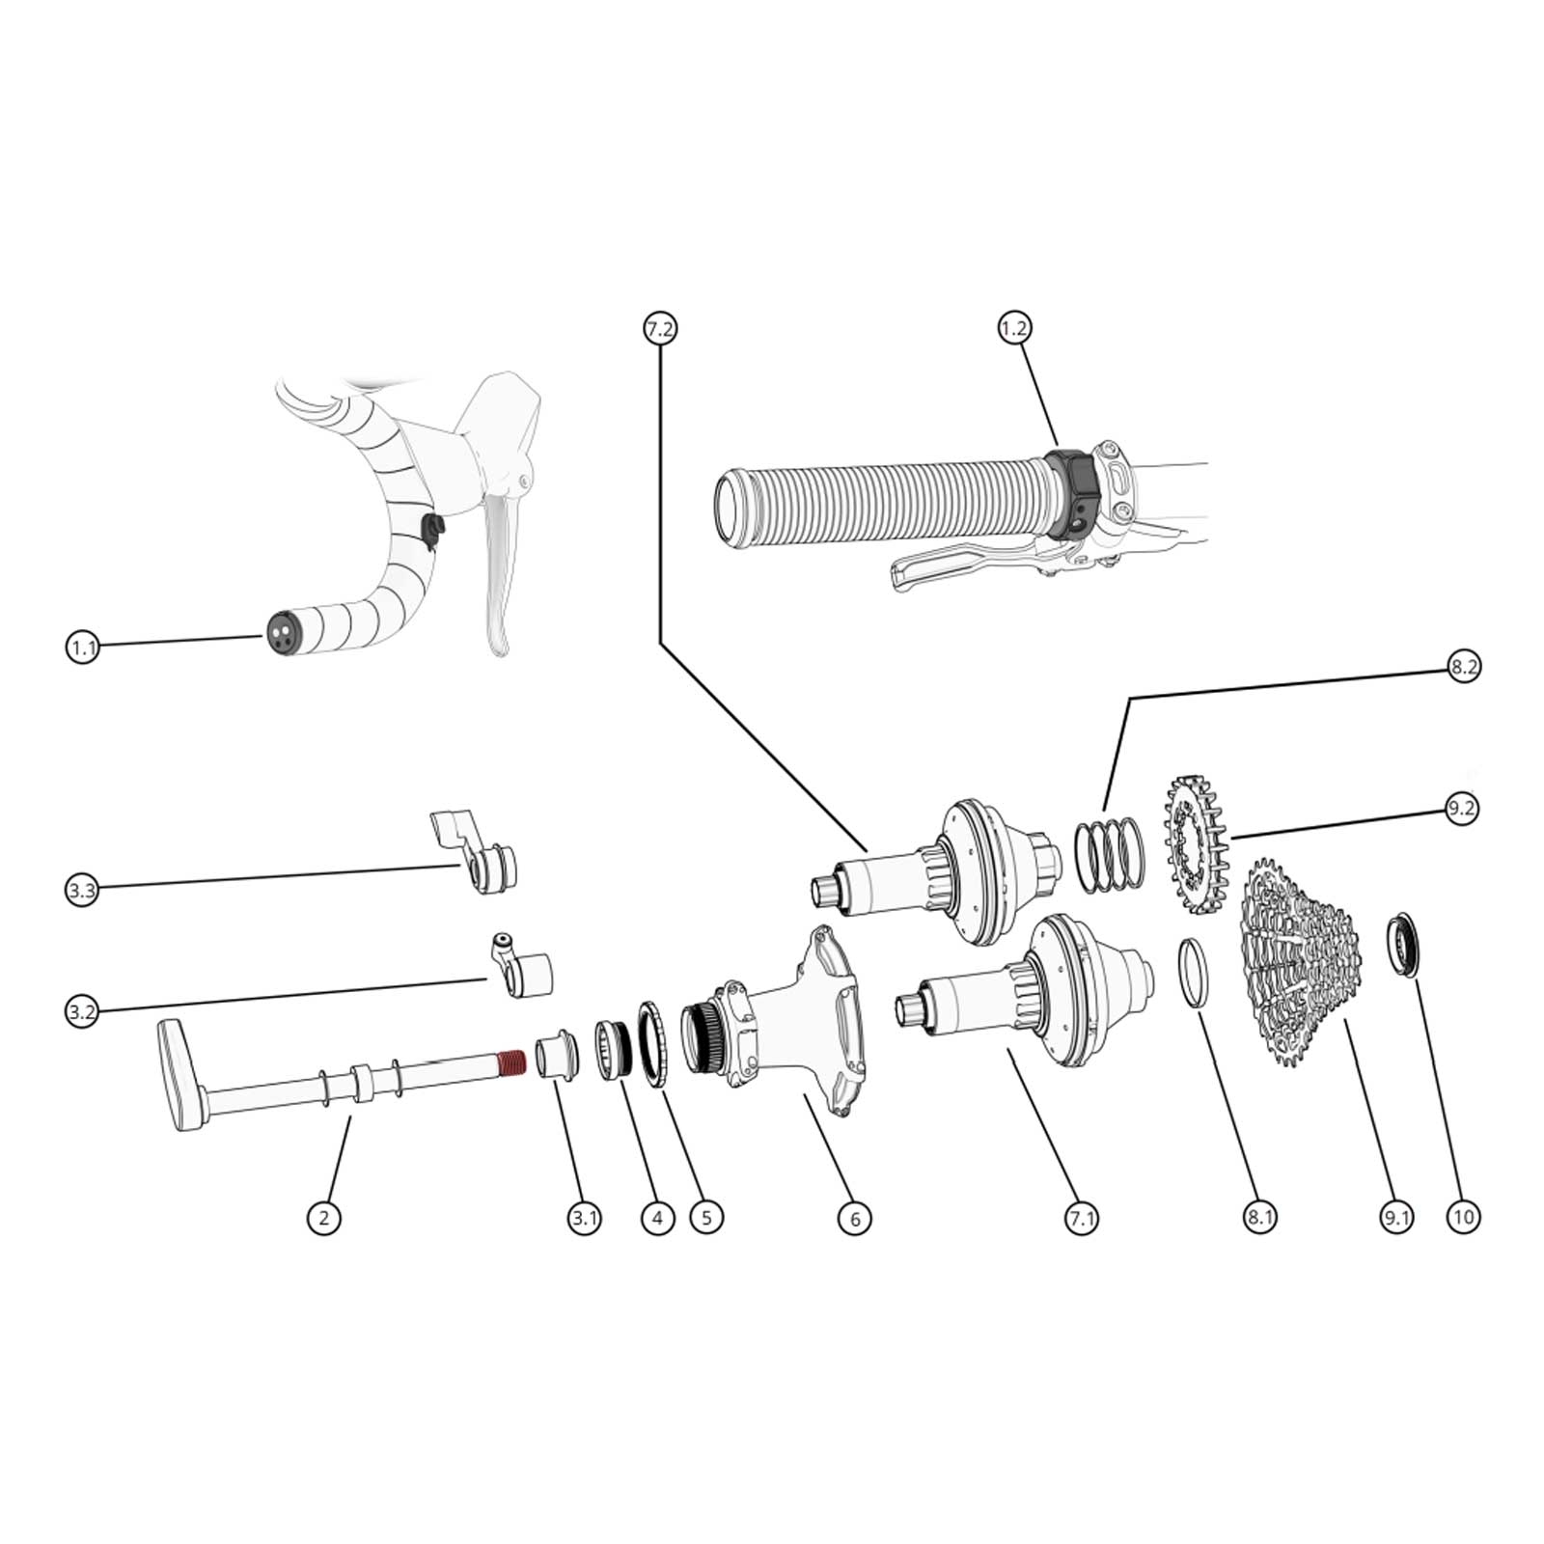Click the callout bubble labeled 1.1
83,647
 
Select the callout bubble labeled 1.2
1014,329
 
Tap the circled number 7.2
660,329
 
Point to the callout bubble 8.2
1463,667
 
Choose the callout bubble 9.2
1462,809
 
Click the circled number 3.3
83,890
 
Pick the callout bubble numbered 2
323,1218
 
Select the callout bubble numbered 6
855,1219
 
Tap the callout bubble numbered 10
1463,1217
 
